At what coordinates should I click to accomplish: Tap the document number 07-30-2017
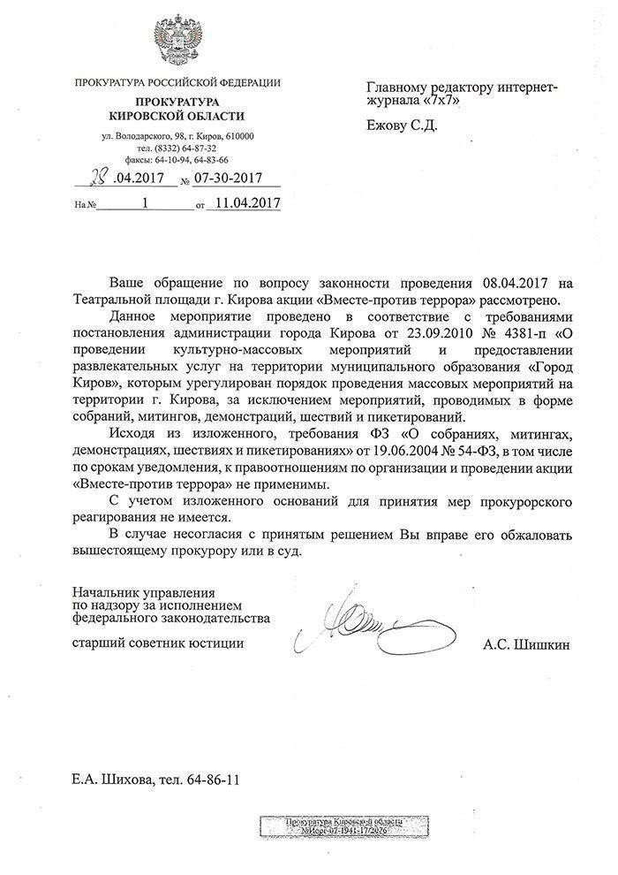click(x=232, y=181)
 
